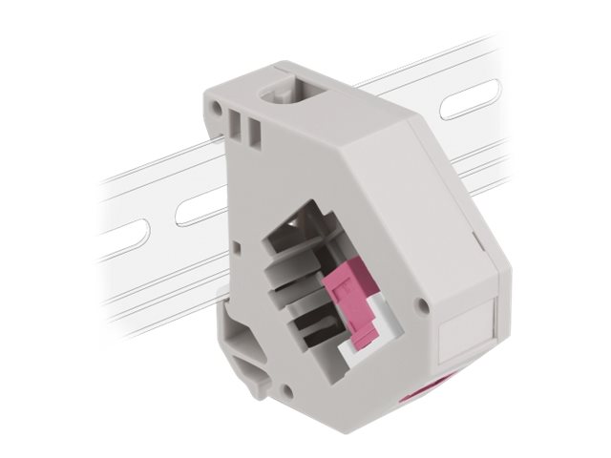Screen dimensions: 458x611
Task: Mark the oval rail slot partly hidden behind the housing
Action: tap(196, 208)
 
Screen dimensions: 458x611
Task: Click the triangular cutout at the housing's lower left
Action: tap(238, 336)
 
